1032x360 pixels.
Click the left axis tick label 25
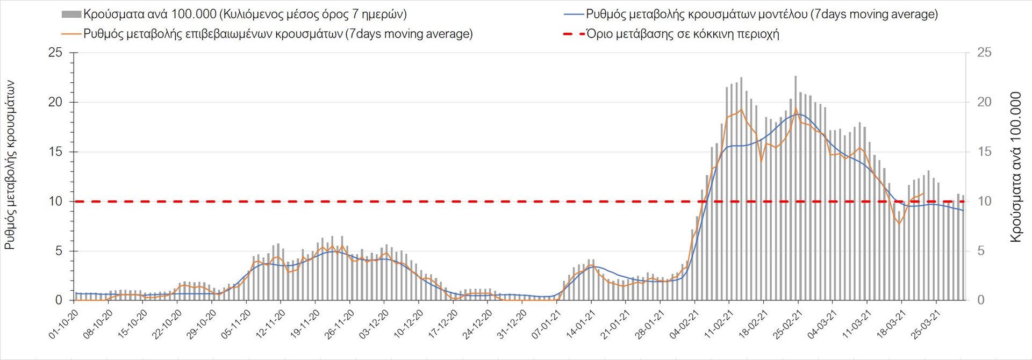click(55, 53)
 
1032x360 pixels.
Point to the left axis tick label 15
click(55, 152)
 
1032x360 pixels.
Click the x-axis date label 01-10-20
click(63, 325)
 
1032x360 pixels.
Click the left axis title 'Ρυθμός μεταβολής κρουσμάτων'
click(10, 165)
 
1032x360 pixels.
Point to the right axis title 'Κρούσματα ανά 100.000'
click(1016, 167)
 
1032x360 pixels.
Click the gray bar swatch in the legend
click(71, 14)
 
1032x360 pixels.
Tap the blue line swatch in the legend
click(574, 14)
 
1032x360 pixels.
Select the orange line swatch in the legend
click(71, 34)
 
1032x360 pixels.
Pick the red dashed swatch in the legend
click(574, 34)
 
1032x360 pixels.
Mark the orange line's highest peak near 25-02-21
click(795, 109)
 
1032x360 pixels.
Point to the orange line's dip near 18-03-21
click(899, 224)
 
